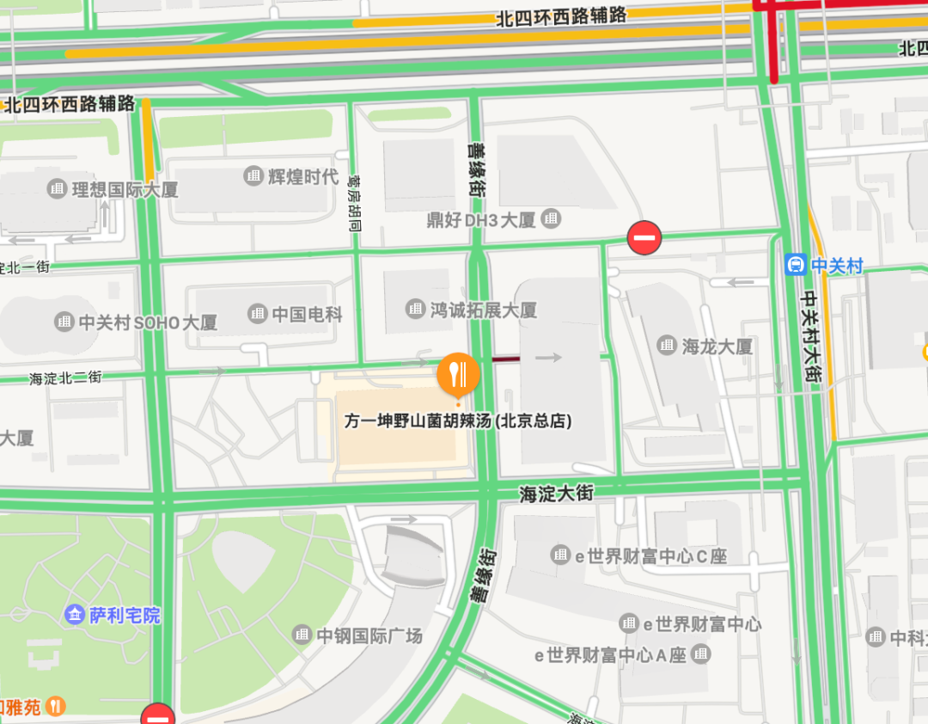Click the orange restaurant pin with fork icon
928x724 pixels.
pyautogui.click(x=458, y=373)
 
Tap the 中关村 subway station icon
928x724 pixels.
pyautogui.click(x=796, y=265)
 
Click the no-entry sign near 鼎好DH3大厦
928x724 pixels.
pyautogui.click(x=644, y=237)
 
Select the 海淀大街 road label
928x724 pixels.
pyautogui.click(x=556, y=494)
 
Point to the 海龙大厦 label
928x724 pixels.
pyautogui.click(x=717, y=347)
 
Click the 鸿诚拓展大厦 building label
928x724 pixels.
pyautogui.click(x=483, y=310)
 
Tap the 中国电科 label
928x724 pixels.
pyautogui.click(x=307, y=315)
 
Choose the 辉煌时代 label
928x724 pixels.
pyautogui.click(x=302, y=177)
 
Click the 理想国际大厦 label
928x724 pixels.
pyautogui.click(x=125, y=189)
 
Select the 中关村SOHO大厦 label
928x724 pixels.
pyautogui.click(x=148, y=322)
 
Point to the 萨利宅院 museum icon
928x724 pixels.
pyautogui.click(x=76, y=615)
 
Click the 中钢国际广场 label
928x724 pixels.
pyautogui.click(x=369, y=635)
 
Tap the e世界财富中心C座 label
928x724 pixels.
pyautogui.click(x=650, y=555)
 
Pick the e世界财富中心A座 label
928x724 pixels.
pyautogui.click(x=611, y=655)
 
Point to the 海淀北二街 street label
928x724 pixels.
pyautogui.click(x=66, y=377)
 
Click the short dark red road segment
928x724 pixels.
pyautogui.click(x=505, y=358)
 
